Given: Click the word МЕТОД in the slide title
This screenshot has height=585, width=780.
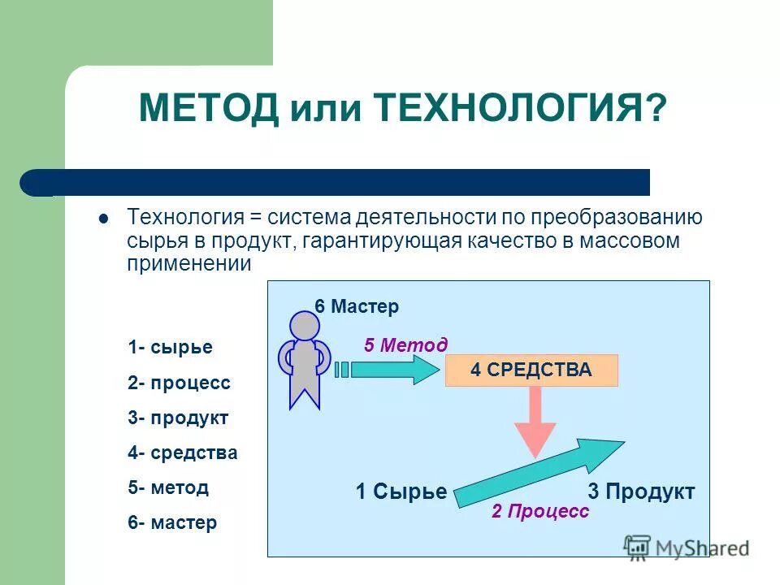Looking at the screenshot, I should [x=209, y=108].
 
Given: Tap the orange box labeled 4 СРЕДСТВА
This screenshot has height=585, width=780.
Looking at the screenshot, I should [x=531, y=370].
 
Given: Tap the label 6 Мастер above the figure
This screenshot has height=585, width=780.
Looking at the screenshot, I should [x=357, y=306].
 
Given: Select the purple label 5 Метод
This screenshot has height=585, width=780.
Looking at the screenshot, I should [x=405, y=345].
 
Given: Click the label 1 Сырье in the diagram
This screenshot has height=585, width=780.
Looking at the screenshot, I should [x=401, y=492].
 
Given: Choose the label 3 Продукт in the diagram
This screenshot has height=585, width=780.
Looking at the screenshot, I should [x=640, y=492].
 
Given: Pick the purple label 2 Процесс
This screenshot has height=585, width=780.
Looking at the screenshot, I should [x=539, y=511].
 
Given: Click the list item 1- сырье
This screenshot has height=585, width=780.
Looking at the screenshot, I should [x=170, y=348].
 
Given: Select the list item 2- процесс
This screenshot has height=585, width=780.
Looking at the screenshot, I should [x=179, y=383].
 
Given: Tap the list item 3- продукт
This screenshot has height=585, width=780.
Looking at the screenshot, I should [x=178, y=418].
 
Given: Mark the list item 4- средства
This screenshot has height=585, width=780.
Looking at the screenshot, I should [x=182, y=453].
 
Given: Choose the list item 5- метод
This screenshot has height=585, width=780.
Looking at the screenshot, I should [x=168, y=487].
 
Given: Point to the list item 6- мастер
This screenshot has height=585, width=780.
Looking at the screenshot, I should [x=172, y=522].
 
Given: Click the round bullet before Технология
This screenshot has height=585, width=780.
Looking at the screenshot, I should [x=103, y=219].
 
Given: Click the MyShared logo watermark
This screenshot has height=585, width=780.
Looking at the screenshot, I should [x=687, y=548].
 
